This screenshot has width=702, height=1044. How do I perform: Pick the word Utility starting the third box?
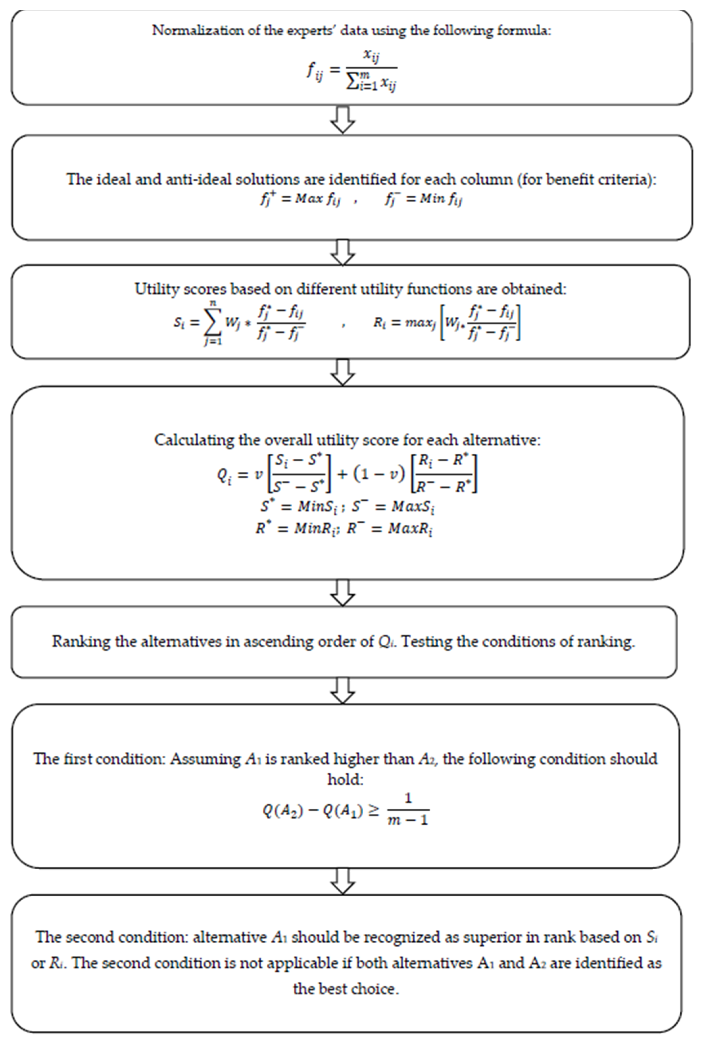tap(154, 289)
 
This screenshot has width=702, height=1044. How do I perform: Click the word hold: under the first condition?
tap(345, 779)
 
